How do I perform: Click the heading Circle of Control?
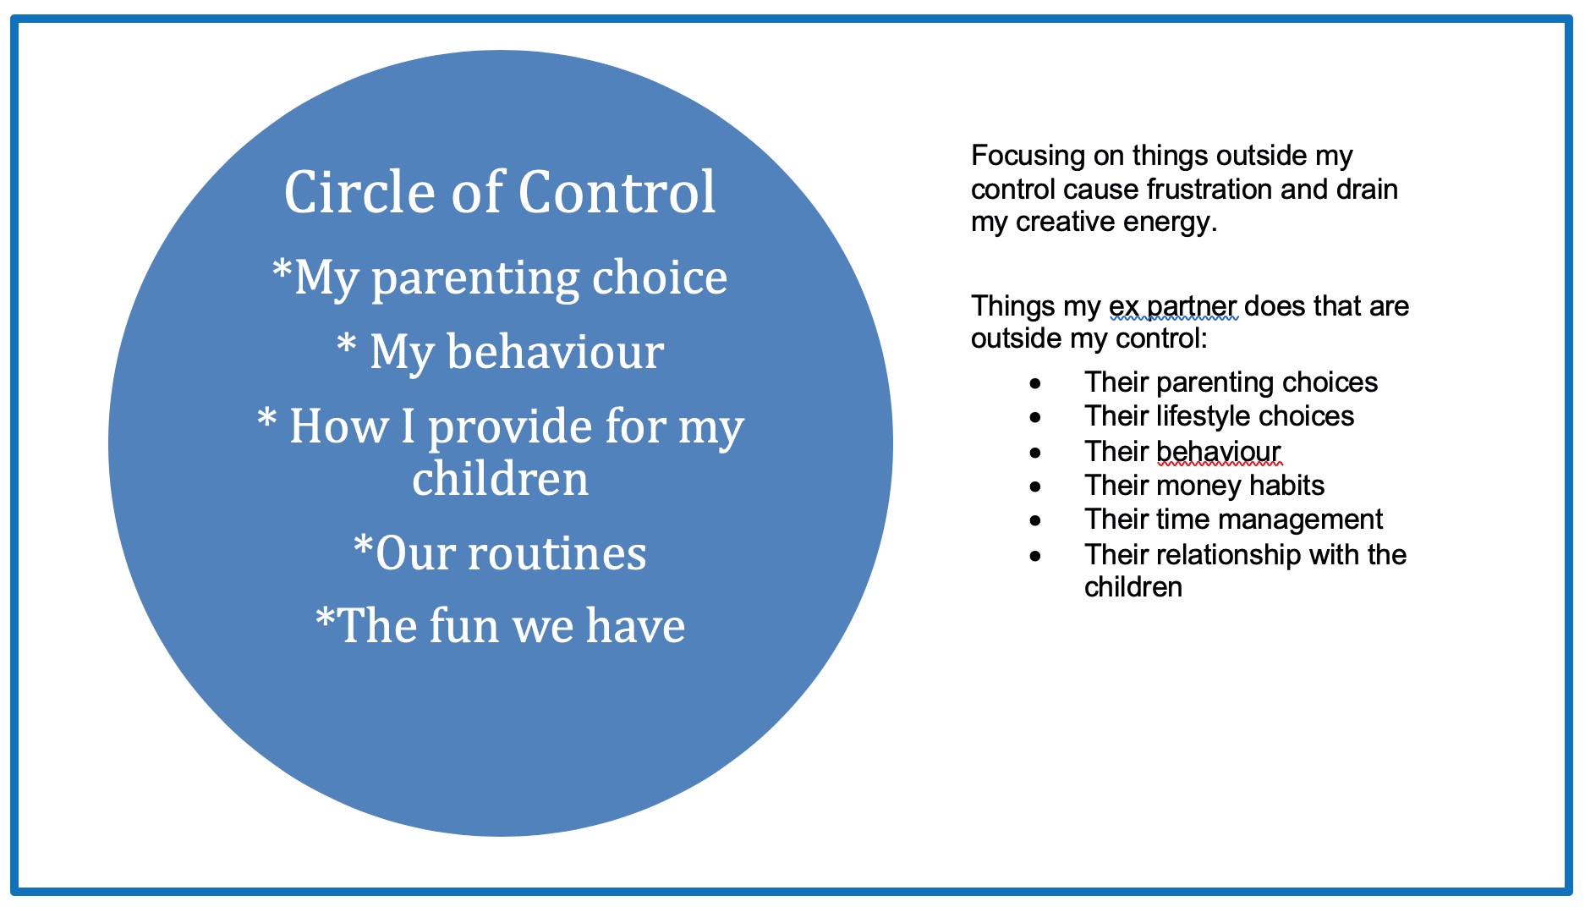coord(500,192)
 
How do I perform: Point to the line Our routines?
coord(501,553)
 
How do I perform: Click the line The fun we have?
coord(501,626)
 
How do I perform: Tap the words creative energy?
coord(1116,222)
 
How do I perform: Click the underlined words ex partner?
coord(1172,305)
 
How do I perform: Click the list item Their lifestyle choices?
coord(1219,416)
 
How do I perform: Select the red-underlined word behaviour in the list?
coord(1218,451)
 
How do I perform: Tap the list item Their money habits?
coord(1204,486)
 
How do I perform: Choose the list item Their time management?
coord(1233,519)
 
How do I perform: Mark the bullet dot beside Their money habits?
coord(1035,487)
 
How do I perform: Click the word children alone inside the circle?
coord(500,479)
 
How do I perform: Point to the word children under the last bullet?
coord(1133,587)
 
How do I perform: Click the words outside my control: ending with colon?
coord(1089,338)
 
